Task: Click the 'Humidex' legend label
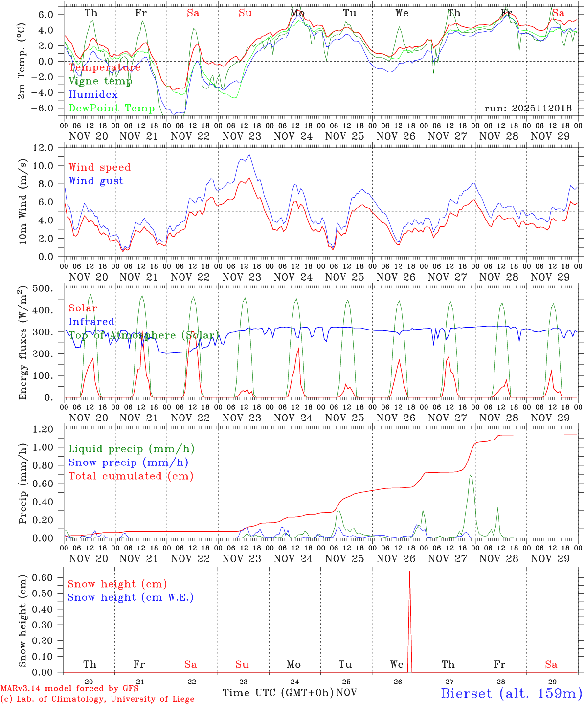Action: [x=93, y=95]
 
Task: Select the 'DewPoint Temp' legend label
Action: [x=112, y=108]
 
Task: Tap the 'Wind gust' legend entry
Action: [x=96, y=181]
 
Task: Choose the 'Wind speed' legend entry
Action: [x=100, y=167]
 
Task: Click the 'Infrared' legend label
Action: [x=91, y=322]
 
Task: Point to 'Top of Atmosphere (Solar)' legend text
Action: [x=144, y=335]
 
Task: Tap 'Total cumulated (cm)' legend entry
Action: [x=131, y=476]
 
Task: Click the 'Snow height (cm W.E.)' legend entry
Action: [x=131, y=597]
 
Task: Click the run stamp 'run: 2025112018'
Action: [x=528, y=109]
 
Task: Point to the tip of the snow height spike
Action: [x=409, y=571]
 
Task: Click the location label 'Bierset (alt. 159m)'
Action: [x=511, y=693]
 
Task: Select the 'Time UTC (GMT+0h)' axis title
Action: [x=278, y=693]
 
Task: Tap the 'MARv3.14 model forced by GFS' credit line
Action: [x=69, y=688]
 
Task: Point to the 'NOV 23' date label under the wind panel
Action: [x=242, y=277]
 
